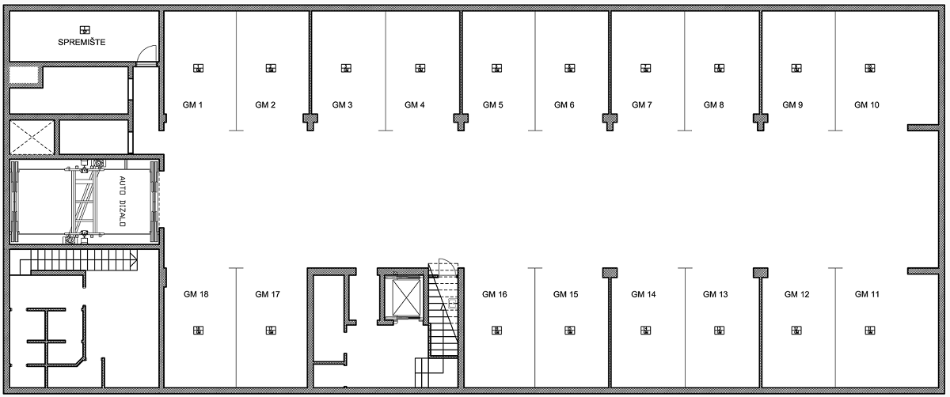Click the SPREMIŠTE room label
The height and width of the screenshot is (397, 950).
[x=82, y=43]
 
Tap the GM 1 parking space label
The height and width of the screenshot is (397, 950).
[x=192, y=104]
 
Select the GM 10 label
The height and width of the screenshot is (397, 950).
[x=866, y=104]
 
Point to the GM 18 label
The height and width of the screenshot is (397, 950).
[x=196, y=294]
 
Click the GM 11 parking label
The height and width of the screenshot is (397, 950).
[x=867, y=294]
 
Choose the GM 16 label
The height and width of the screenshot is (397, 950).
[x=495, y=294]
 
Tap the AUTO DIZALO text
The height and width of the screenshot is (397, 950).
[x=123, y=201]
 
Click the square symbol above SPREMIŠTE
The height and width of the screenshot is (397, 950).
[x=85, y=30]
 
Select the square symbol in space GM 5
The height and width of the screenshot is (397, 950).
[x=496, y=68]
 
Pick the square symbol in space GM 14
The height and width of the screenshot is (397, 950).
[x=645, y=330]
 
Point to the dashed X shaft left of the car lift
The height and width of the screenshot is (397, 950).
[x=32, y=138]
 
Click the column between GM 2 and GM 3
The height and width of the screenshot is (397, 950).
[x=310, y=120]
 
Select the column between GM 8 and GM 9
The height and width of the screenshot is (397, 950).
[x=761, y=120]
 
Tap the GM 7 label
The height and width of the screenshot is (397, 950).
[x=642, y=104]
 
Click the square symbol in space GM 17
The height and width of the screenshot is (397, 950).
[x=271, y=330]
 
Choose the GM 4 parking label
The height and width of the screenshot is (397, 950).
[x=414, y=104]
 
